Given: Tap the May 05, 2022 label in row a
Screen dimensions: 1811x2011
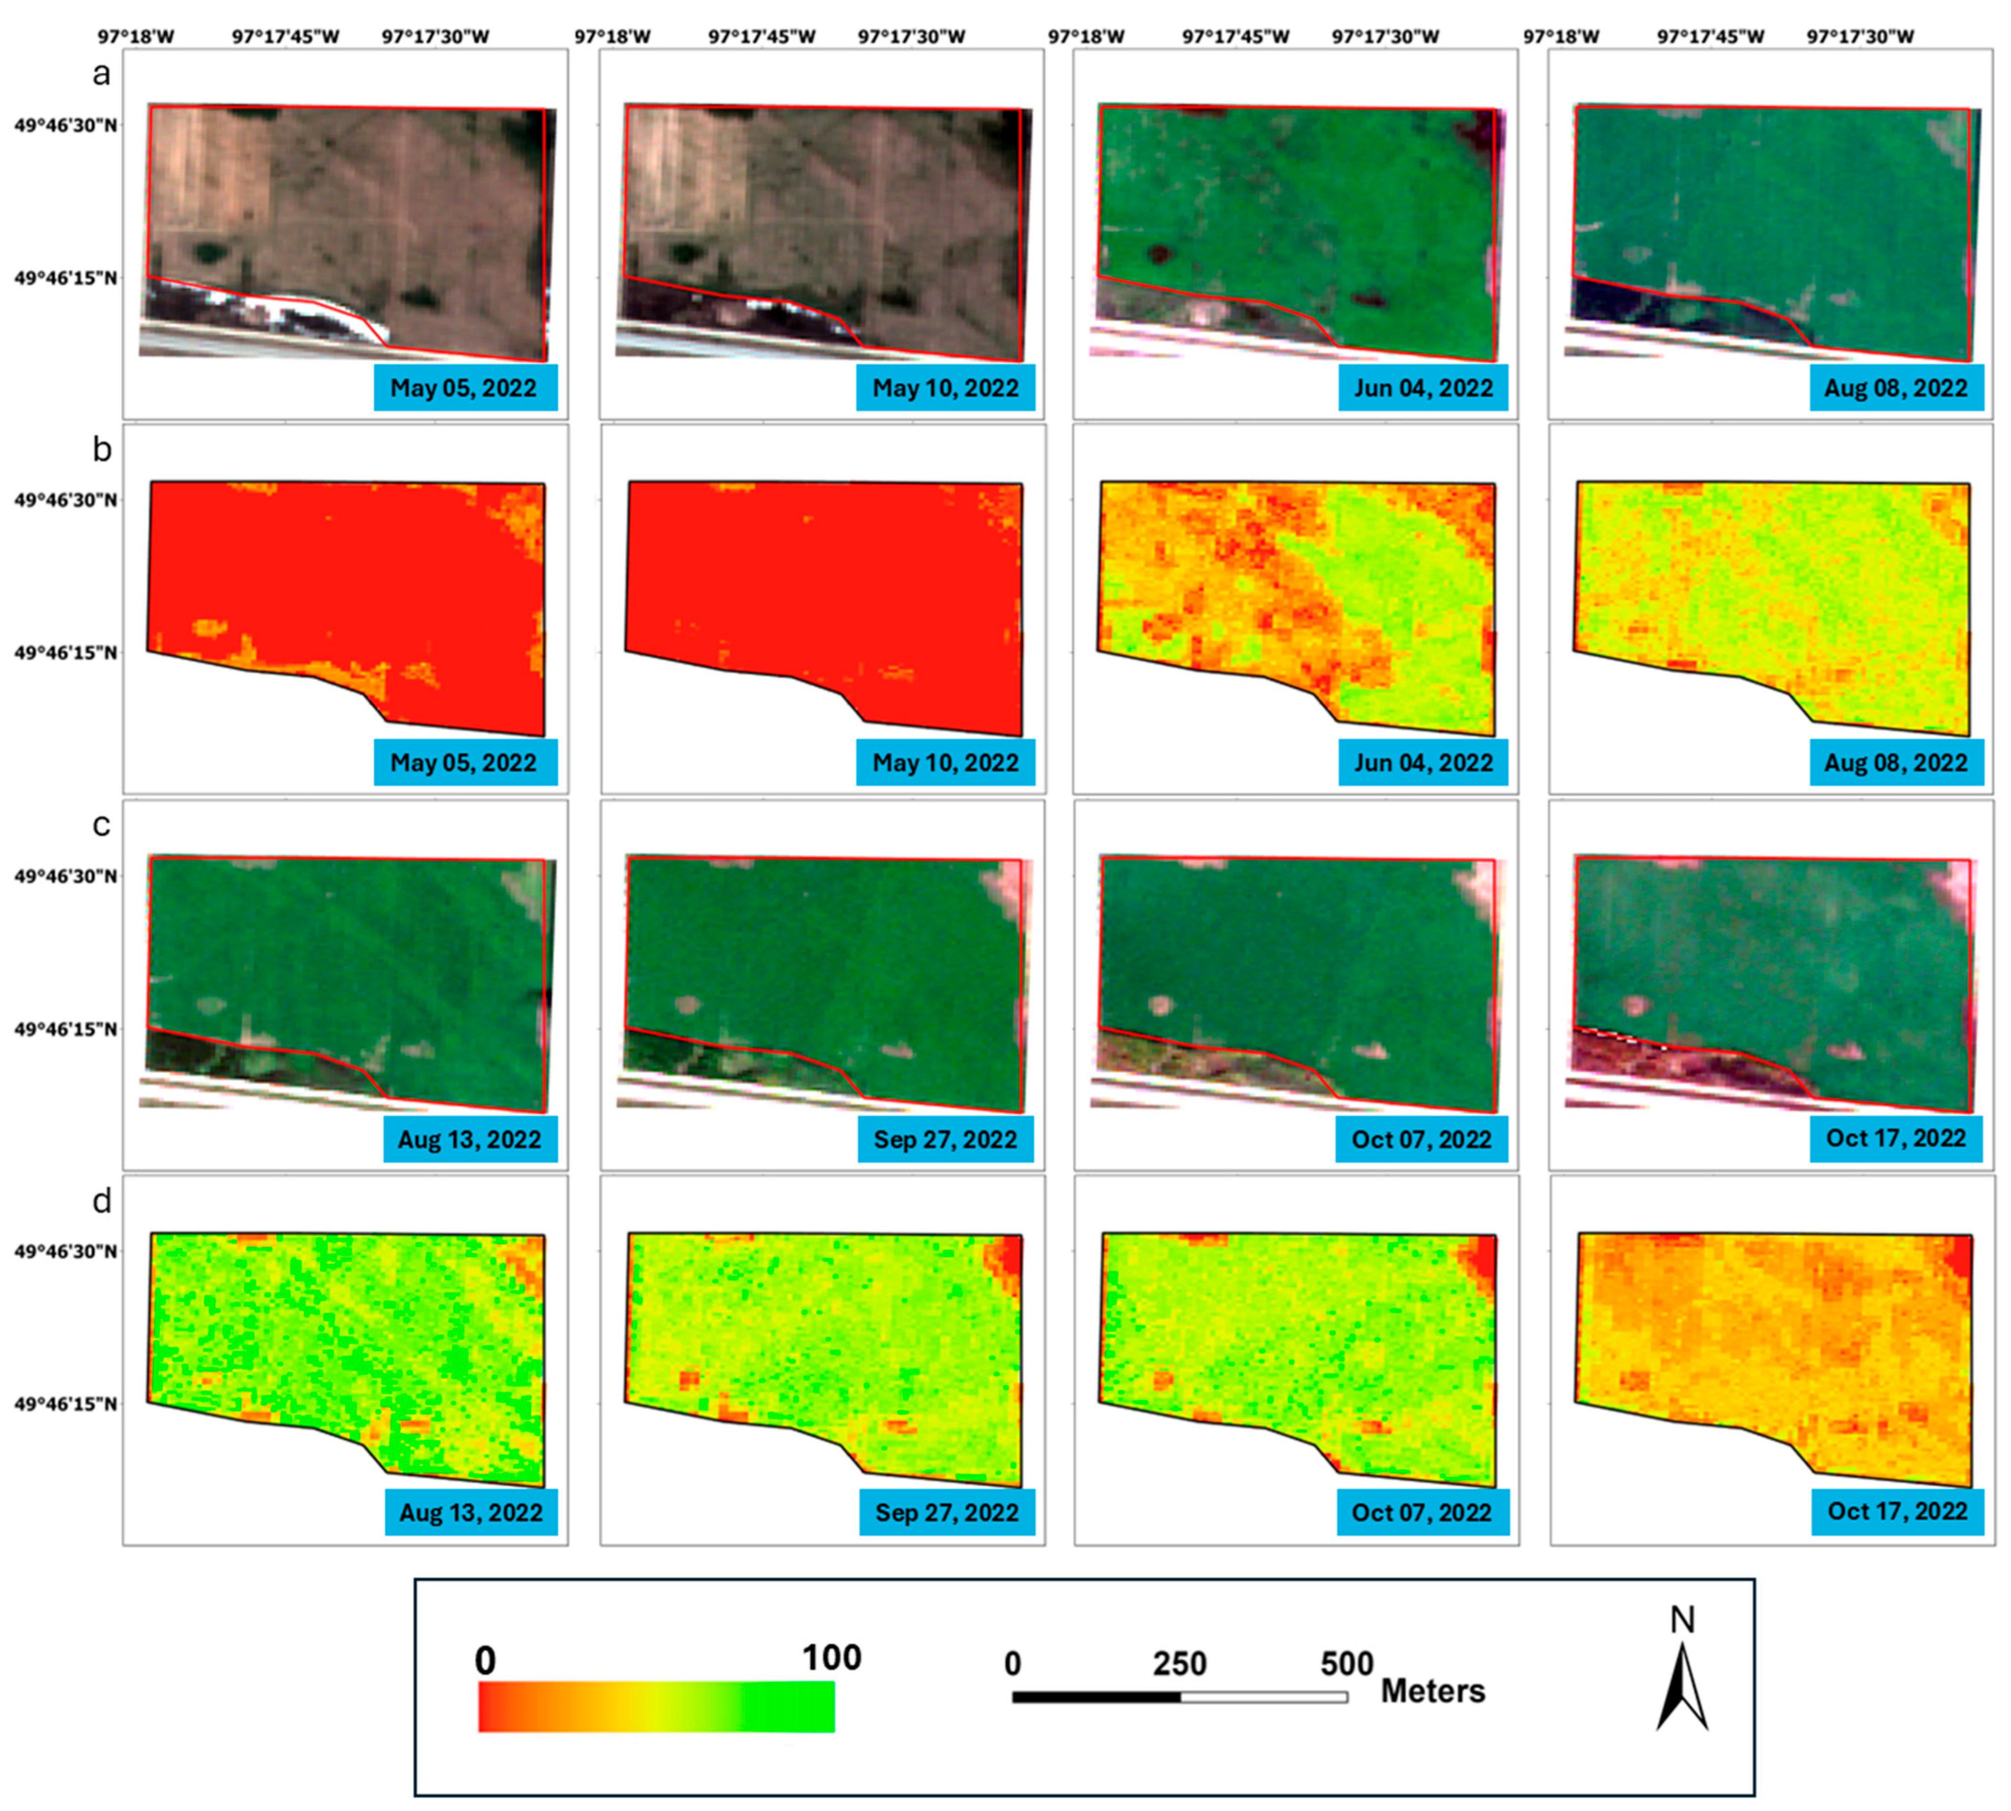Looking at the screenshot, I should (465, 388).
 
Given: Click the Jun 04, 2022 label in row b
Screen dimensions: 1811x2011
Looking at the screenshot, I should (1423, 763).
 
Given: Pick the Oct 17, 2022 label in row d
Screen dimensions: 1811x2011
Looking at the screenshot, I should (1897, 1512).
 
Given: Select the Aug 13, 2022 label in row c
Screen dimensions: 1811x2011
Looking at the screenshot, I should (469, 1140).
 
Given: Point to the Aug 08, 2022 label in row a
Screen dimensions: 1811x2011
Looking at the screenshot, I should (1896, 388).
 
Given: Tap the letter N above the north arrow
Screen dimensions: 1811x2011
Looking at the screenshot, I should (1682, 1620).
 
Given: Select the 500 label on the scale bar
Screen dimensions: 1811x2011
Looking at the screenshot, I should (1346, 1664).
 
